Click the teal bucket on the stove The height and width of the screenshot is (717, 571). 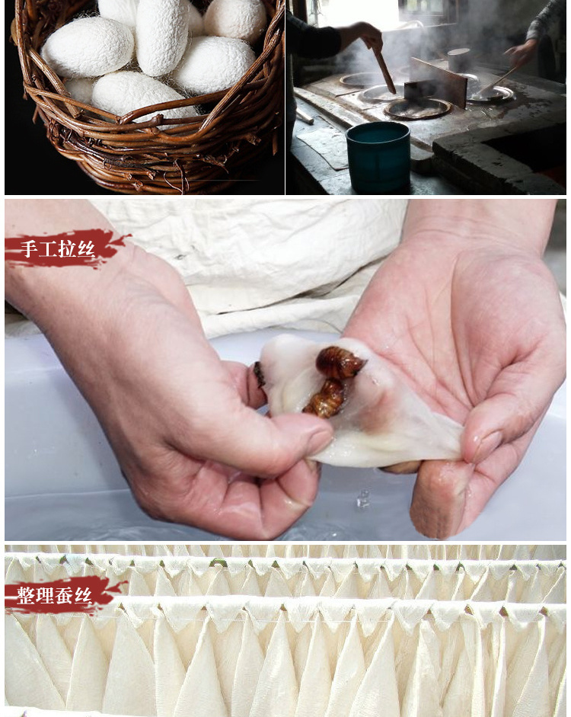coord(378,156)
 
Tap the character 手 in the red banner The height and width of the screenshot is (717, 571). coord(29,248)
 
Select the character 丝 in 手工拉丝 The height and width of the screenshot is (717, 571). coord(86,248)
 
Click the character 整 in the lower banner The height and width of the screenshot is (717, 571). coord(27,595)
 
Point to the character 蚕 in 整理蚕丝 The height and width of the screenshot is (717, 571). coord(64,595)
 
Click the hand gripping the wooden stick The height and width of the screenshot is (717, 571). coord(365,34)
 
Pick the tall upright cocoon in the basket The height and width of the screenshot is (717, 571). coord(160,36)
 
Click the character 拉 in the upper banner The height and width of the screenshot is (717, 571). coord(67,248)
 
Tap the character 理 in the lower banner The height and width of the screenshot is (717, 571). coord(45,595)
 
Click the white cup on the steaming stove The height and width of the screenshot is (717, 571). coord(458,60)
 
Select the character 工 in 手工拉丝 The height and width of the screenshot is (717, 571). coord(48,248)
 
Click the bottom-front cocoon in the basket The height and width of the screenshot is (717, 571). coord(137,95)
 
